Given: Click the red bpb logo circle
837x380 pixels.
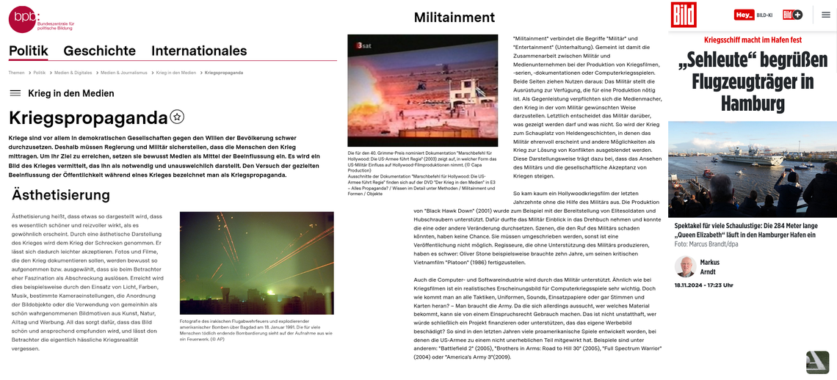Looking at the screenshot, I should [x=21, y=19].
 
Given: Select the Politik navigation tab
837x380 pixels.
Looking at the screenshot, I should [x=29, y=51].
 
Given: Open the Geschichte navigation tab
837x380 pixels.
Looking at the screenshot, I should [x=99, y=51].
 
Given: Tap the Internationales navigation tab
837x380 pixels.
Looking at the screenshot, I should [x=198, y=51].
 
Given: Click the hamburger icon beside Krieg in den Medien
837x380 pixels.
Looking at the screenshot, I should [x=15, y=93].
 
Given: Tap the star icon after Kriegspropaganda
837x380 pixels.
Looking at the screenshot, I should [x=177, y=117].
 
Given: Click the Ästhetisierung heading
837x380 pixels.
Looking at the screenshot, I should [x=61, y=194].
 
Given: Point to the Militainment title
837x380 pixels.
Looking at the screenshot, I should [x=454, y=17].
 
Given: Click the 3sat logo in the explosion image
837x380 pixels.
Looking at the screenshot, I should [x=363, y=45].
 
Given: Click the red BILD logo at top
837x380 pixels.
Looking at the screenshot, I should [x=683, y=15].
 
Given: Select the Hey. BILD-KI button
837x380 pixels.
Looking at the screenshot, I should [x=753, y=15].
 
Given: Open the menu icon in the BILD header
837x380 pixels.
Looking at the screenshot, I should [x=825, y=15].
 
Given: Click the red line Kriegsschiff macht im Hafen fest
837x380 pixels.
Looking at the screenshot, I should [x=752, y=40].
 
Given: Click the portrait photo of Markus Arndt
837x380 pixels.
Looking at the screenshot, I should [x=685, y=266].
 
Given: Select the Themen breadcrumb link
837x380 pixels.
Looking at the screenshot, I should [x=16, y=73].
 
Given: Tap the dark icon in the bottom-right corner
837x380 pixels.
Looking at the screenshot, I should [x=817, y=362].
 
